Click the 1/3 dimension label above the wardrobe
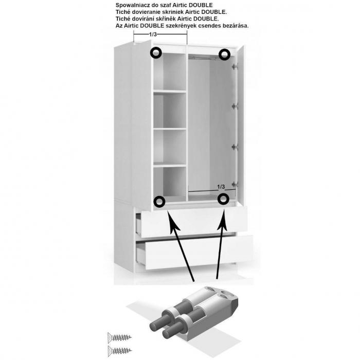[153, 34]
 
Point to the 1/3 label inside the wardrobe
[221, 187]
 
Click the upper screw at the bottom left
[119, 338]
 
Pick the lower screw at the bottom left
[120, 351]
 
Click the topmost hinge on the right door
[234, 66]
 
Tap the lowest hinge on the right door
[235, 184]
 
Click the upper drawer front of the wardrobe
[194, 221]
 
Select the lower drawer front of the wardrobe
[199, 253]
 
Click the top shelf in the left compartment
[170, 92]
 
